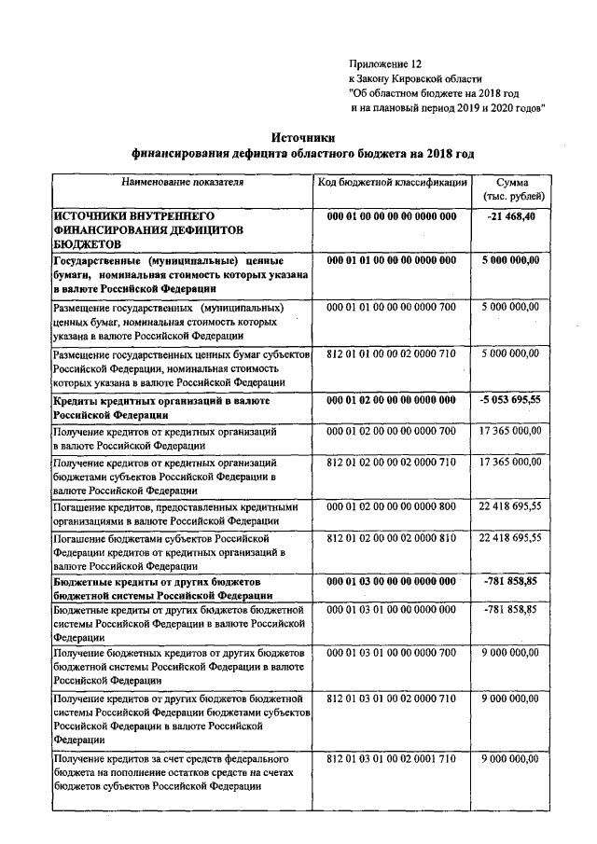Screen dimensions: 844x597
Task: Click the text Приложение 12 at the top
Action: tap(385, 63)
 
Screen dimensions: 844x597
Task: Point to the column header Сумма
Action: tap(513, 184)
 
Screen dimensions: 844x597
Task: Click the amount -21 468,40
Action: tap(513, 216)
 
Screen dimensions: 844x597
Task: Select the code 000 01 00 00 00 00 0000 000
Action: tap(391, 216)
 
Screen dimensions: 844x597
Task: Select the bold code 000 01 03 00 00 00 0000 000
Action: tap(391, 581)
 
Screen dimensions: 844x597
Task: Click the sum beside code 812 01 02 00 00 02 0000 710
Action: tap(509, 462)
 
